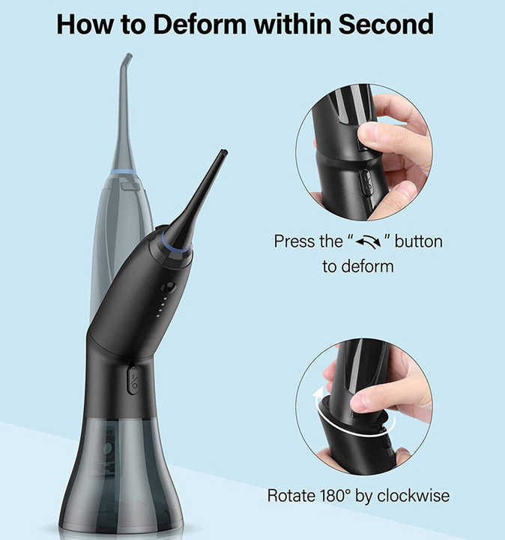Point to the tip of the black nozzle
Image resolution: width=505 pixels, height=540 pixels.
[223, 154]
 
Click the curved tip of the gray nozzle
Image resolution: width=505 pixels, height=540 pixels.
[128, 57]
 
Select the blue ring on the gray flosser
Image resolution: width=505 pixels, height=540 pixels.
[124, 172]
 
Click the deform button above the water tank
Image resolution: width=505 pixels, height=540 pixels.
[133, 379]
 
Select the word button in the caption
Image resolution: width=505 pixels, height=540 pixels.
[419, 242]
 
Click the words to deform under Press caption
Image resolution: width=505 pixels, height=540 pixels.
[358, 266]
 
